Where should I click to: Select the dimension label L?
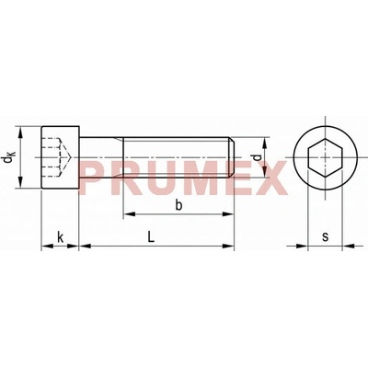(151, 236)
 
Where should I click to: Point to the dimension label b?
(178, 205)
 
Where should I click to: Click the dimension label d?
(258, 157)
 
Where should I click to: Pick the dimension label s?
(325, 236)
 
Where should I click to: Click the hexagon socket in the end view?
(325, 157)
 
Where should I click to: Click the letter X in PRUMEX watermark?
(270, 178)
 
